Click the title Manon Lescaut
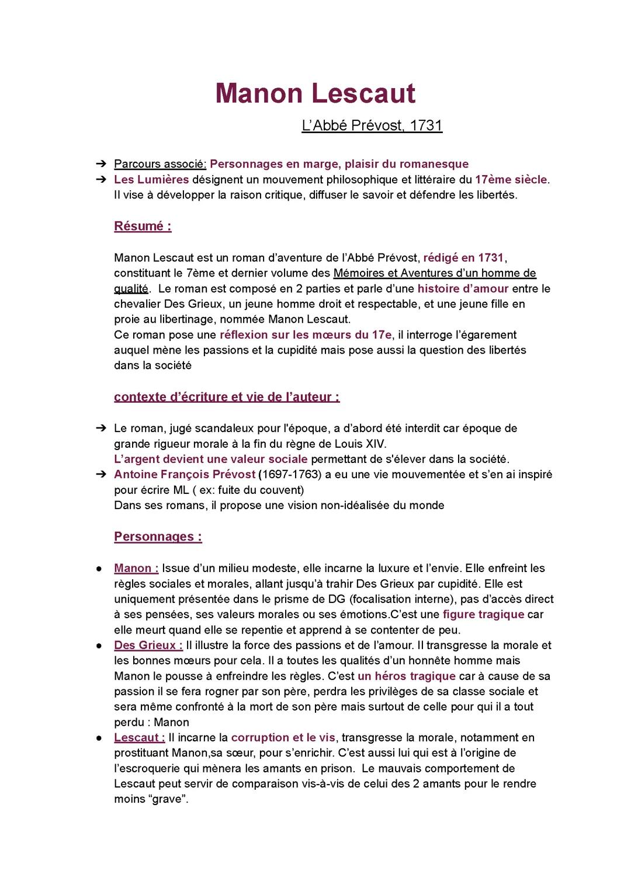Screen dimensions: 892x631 click(x=315, y=94)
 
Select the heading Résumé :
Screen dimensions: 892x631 click(x=143, y=227)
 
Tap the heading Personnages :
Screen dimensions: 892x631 click(x=158, y=536)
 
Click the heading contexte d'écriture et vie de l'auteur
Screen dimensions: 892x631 click(x=227, y=397)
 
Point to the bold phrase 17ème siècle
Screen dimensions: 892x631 click(x=512, y=179)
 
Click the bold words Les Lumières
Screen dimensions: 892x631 click(x=151, y=179)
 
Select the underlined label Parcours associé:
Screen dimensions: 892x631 click(x=160, y=164)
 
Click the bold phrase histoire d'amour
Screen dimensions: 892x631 click(x=463, y=288)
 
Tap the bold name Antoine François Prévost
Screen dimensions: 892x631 click(x=185, y=474)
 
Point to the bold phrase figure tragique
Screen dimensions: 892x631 click(x=483, y=614)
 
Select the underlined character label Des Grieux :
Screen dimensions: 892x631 click(x=148, y=645)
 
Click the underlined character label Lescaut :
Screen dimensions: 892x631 click(x=140, y=737)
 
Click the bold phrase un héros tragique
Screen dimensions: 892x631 click(x=407, y=676)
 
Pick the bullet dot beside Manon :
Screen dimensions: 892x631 click(x=100, y=569)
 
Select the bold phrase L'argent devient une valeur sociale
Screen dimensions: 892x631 click(x=210, y=459)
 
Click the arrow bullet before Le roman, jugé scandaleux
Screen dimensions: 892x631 click(x=100, y=428)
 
